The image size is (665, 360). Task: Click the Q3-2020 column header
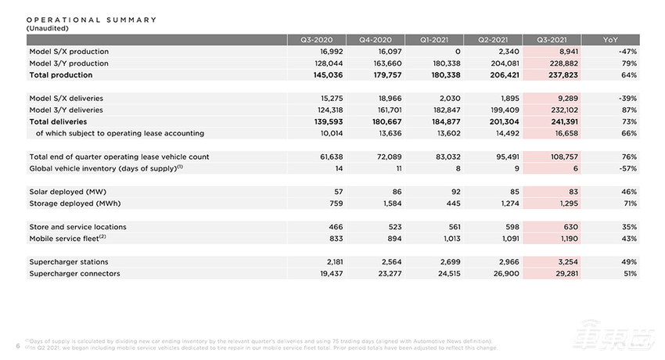coord(318,39)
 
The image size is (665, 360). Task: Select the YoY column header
coord(610,39)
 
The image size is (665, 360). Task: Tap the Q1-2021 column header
coord(435,39)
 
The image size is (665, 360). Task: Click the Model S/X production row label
coord(69,51)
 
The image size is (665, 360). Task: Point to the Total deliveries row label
coord(58,121)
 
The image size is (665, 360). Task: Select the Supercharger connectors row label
coord(75,274)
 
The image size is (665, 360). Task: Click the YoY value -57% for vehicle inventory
coord(626,168)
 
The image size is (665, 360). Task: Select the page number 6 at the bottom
coord(17,345)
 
